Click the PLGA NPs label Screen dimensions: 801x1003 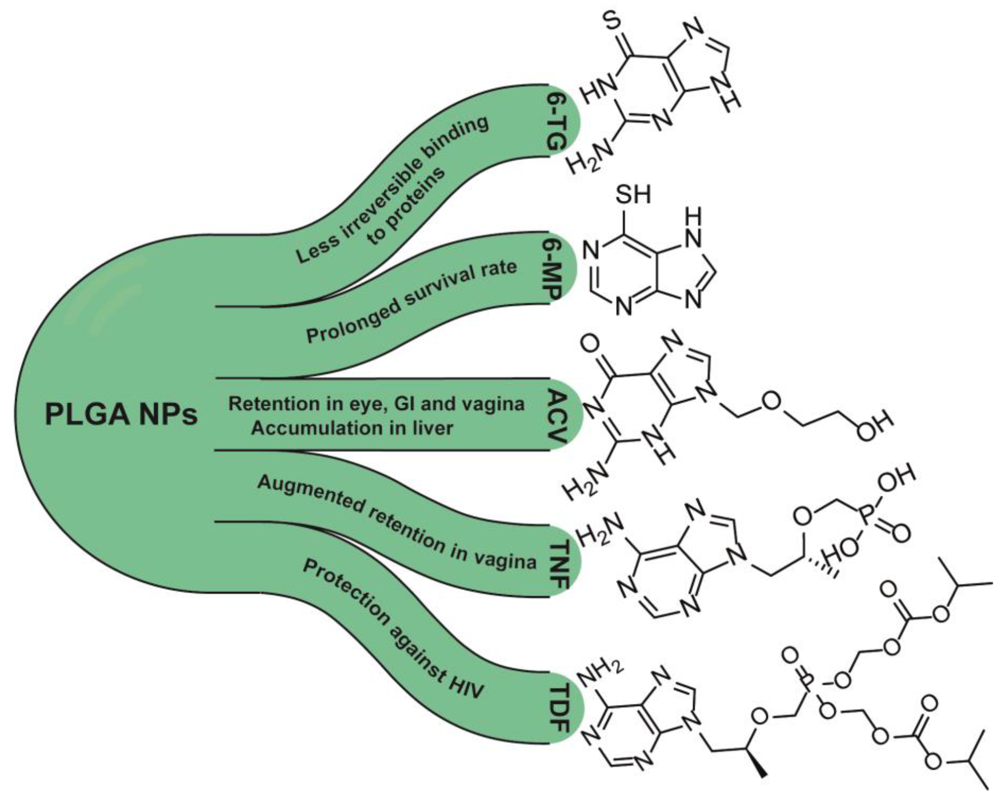[x=121, y=414]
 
